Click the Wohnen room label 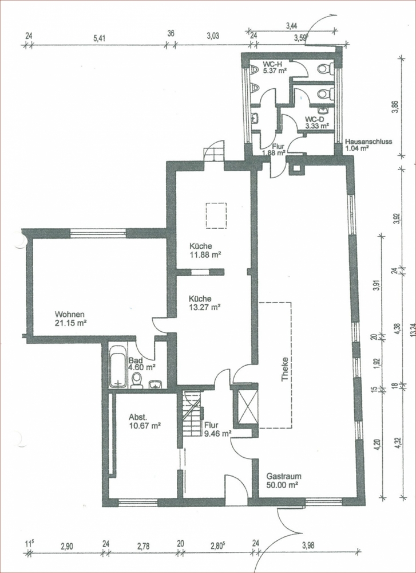coord(70,314)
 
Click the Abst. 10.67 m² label coord(145,421)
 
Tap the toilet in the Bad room coord(137,380)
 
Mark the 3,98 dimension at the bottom coord(308,546)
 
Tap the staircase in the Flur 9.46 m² coord(192,413)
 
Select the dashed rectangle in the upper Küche coord(216,215)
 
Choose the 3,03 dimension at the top coord(213,36)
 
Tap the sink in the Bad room coord(156,384)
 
